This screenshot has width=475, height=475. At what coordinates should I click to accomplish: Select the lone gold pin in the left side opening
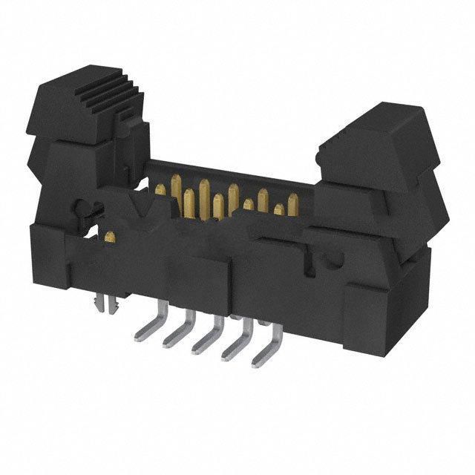pos(110,237)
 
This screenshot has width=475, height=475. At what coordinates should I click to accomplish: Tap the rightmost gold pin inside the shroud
pos(292,203)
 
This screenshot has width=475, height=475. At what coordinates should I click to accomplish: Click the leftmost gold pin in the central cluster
pos(160,191)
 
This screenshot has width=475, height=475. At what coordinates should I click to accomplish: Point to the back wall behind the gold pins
pos(223,171)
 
